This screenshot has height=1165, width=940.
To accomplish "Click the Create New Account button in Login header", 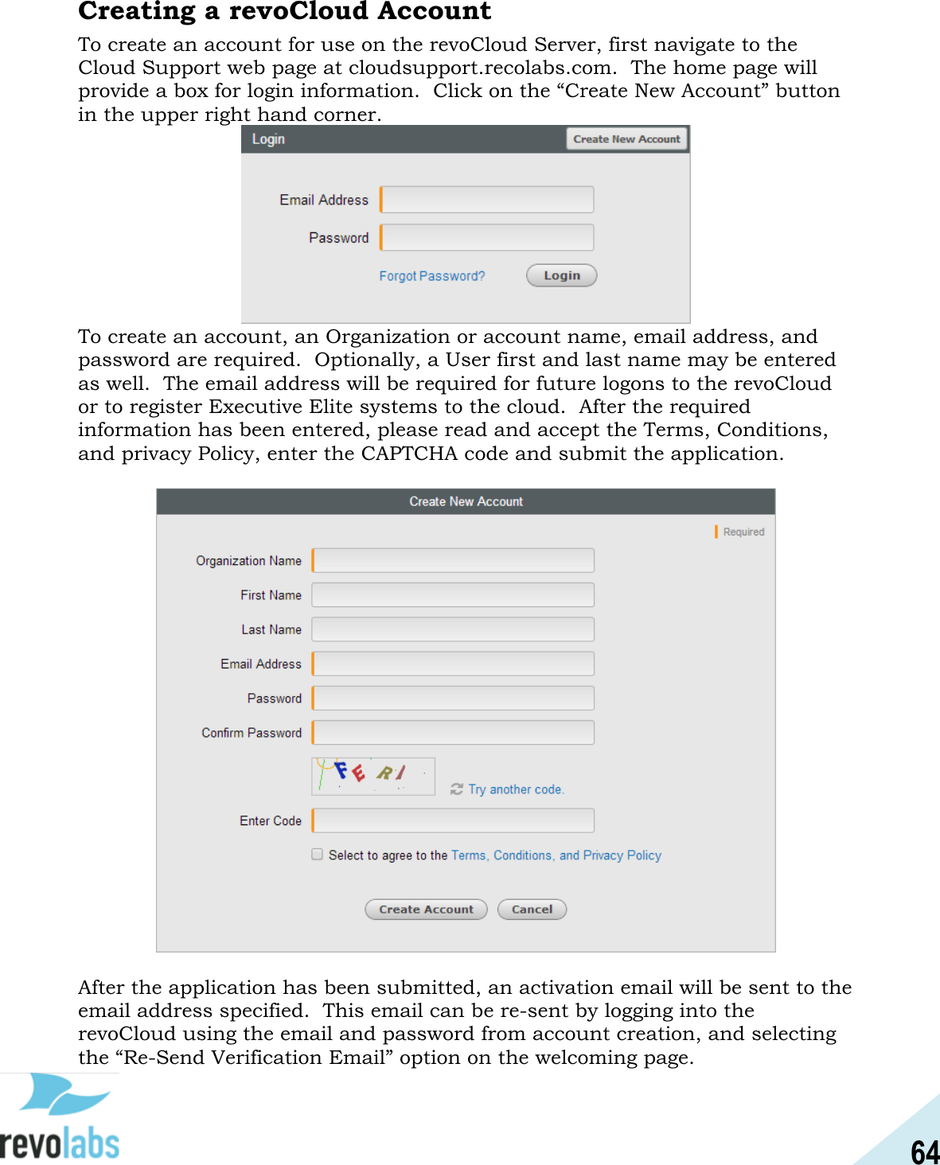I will click(626, 139).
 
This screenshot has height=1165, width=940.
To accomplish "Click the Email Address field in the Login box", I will click(487, 200).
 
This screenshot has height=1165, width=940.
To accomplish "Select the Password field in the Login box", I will click(487, 237).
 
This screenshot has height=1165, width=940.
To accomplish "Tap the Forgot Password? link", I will click(431, 276).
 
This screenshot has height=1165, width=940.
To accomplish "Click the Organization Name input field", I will click(453, 560).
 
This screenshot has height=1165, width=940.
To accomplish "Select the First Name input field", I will click(453, 595).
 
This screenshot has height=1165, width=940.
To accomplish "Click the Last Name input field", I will click(453, 629).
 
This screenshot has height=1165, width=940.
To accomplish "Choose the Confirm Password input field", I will click(453, 733).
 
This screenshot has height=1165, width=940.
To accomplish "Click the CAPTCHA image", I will click(372, 776).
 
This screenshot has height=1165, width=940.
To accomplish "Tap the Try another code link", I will click(515, 789).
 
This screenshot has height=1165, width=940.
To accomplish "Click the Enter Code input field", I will click(453, 820).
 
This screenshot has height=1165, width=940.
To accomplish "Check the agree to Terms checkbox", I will click(318, 855).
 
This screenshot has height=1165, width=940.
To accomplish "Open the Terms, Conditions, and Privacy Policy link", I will click(556, 855).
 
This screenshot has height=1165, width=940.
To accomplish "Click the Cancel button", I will click(532, 910).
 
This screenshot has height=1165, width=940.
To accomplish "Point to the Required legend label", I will click(743, 532).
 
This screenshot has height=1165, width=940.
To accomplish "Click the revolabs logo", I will click(60, 1118).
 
